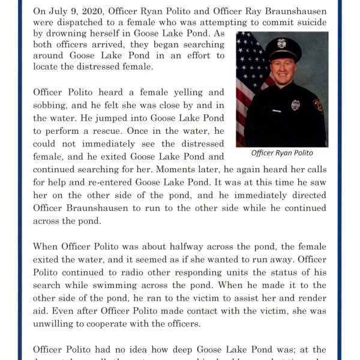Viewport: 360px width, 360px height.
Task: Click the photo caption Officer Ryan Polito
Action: tap(282, 153)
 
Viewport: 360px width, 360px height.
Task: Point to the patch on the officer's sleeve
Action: tap(319, 106)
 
